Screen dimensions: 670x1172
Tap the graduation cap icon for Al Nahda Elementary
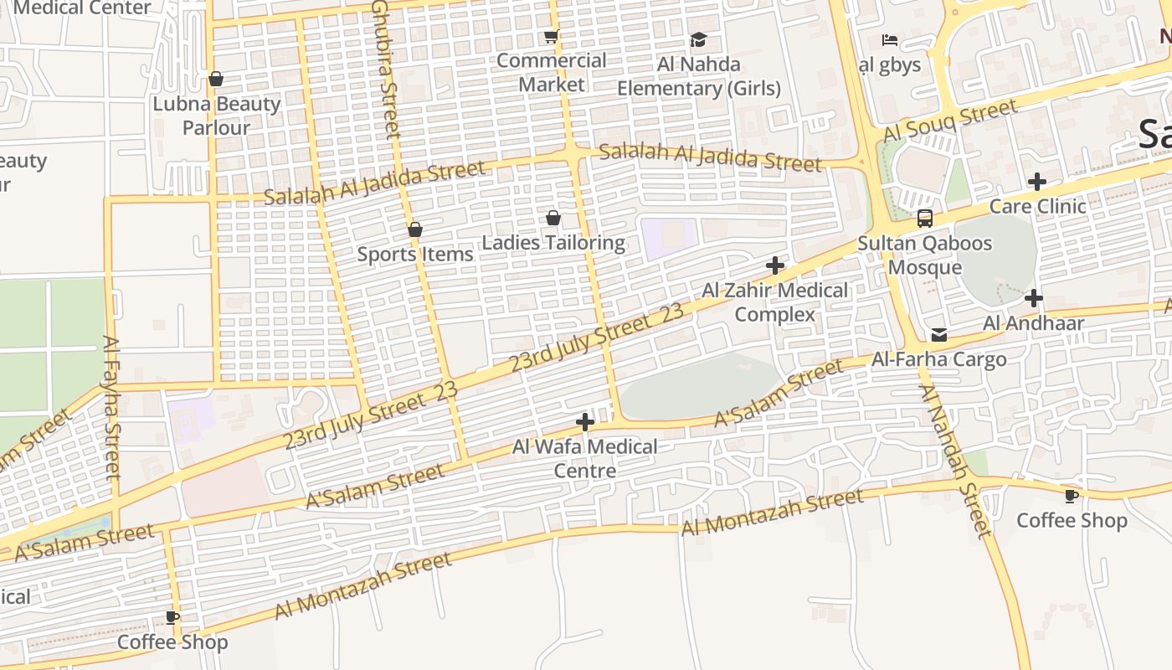coord(698,39)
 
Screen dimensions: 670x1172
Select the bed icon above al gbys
coord(889,40)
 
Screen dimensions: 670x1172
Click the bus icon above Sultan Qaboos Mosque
coord(924,219)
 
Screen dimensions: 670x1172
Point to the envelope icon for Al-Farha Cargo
coord(939,335)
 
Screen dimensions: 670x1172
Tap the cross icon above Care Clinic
coord(1037,182)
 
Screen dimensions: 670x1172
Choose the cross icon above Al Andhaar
coord(1034,297)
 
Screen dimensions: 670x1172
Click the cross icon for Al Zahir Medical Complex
coord(775,266)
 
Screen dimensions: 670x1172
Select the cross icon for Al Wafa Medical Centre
coord(585,422)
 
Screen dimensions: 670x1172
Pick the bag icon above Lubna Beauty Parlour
coord(216,79)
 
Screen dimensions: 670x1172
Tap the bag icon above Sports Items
coord(415,229)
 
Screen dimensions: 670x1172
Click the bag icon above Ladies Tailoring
coord(553,219)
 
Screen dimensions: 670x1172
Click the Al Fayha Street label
coord(112,406)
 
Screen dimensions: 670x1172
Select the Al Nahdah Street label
coord(955,461)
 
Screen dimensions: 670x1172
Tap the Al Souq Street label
coord(950,121)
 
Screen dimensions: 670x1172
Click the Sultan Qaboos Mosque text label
coord(924,255)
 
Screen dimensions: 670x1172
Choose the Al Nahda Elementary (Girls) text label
coord(699,76)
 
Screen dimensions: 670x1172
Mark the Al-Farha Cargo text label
coord(939,359)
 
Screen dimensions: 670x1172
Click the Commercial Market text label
coord(551,72)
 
